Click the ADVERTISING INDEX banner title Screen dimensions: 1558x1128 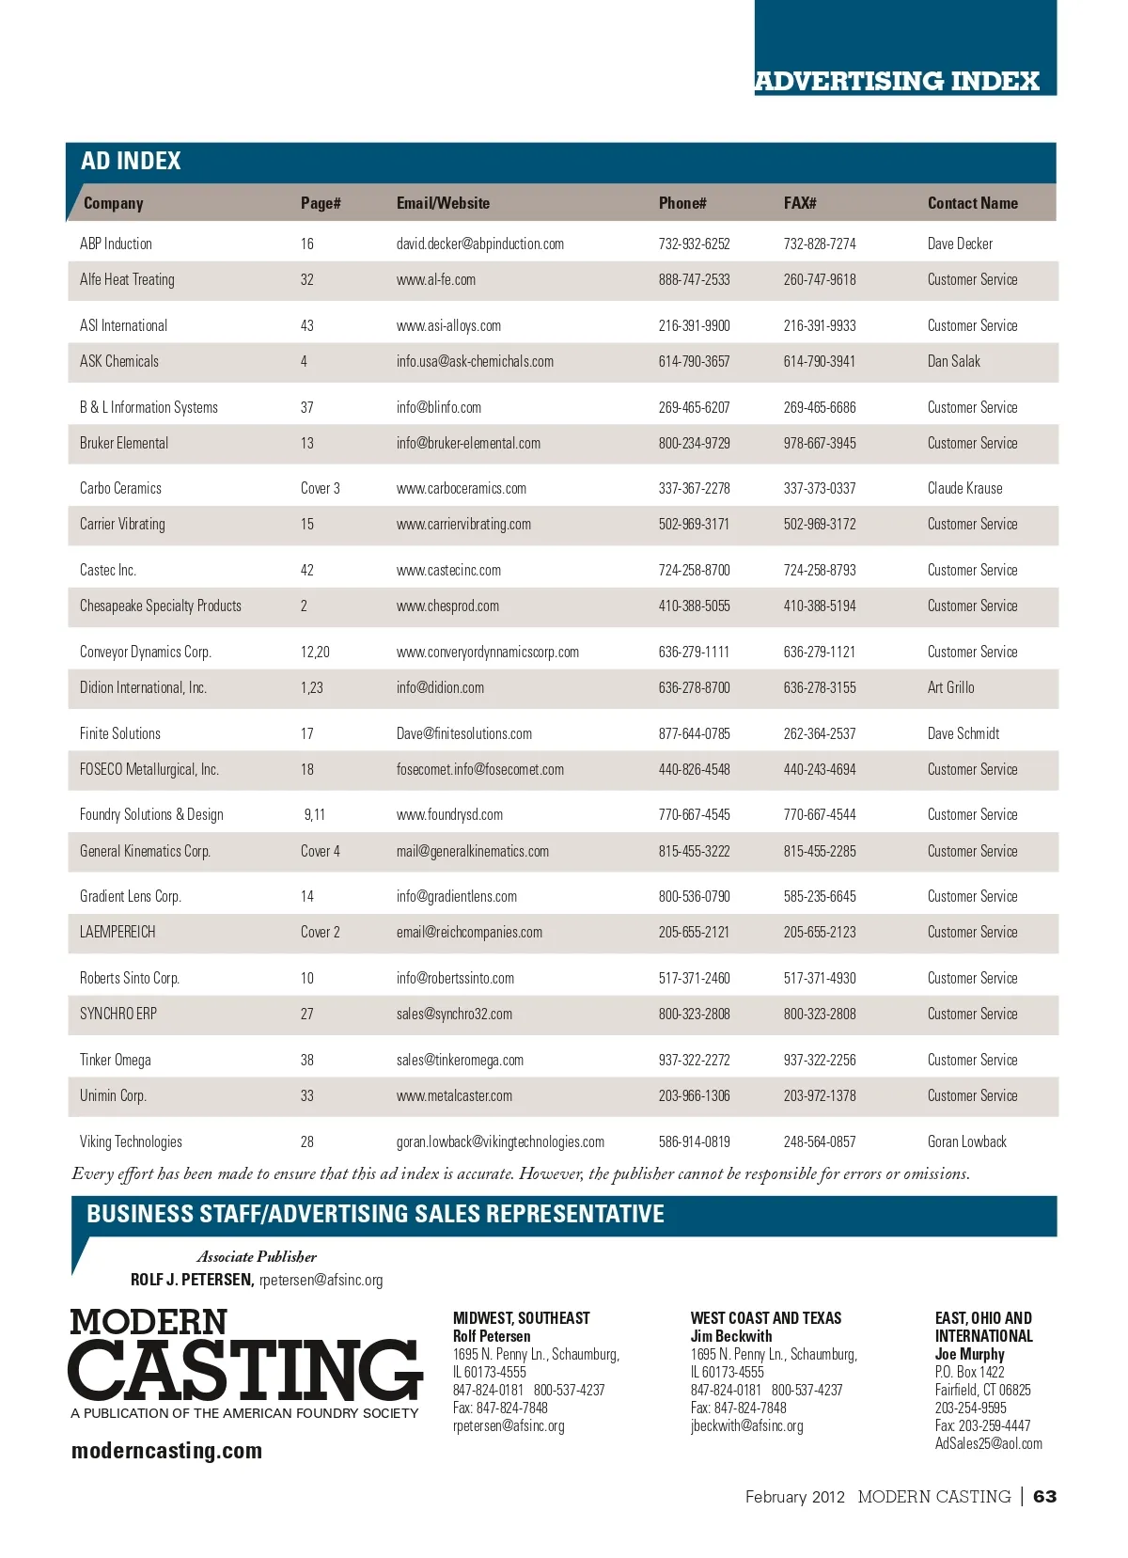pos(897,81)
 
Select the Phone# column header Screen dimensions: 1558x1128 pos(682,203)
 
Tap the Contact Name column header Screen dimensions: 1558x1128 pos(972,203)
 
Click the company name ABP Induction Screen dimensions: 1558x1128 pos(116,244)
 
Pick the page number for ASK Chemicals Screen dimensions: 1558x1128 pos(304,361)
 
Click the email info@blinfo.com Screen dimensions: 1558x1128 pos(439,407)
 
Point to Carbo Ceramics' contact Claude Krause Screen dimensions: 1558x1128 pos(964,488)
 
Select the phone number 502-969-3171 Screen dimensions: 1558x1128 pos(694,524)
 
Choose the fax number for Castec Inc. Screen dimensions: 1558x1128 pos(820,570)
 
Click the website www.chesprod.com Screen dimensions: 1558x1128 pos(447,606)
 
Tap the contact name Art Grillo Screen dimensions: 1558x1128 pos(950,687)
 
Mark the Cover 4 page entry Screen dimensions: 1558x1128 pos(320,851)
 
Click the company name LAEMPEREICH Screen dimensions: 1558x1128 pos(117,932)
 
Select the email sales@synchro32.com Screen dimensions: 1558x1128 pos(454,1014)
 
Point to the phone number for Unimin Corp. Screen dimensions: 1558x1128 pos(694,1095)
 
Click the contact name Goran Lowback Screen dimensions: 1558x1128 pos(966,1141)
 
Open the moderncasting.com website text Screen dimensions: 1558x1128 pos(166,1451)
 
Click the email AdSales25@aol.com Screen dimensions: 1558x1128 pos(988,1443)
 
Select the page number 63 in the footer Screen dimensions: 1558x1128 pos(1044,1496)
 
